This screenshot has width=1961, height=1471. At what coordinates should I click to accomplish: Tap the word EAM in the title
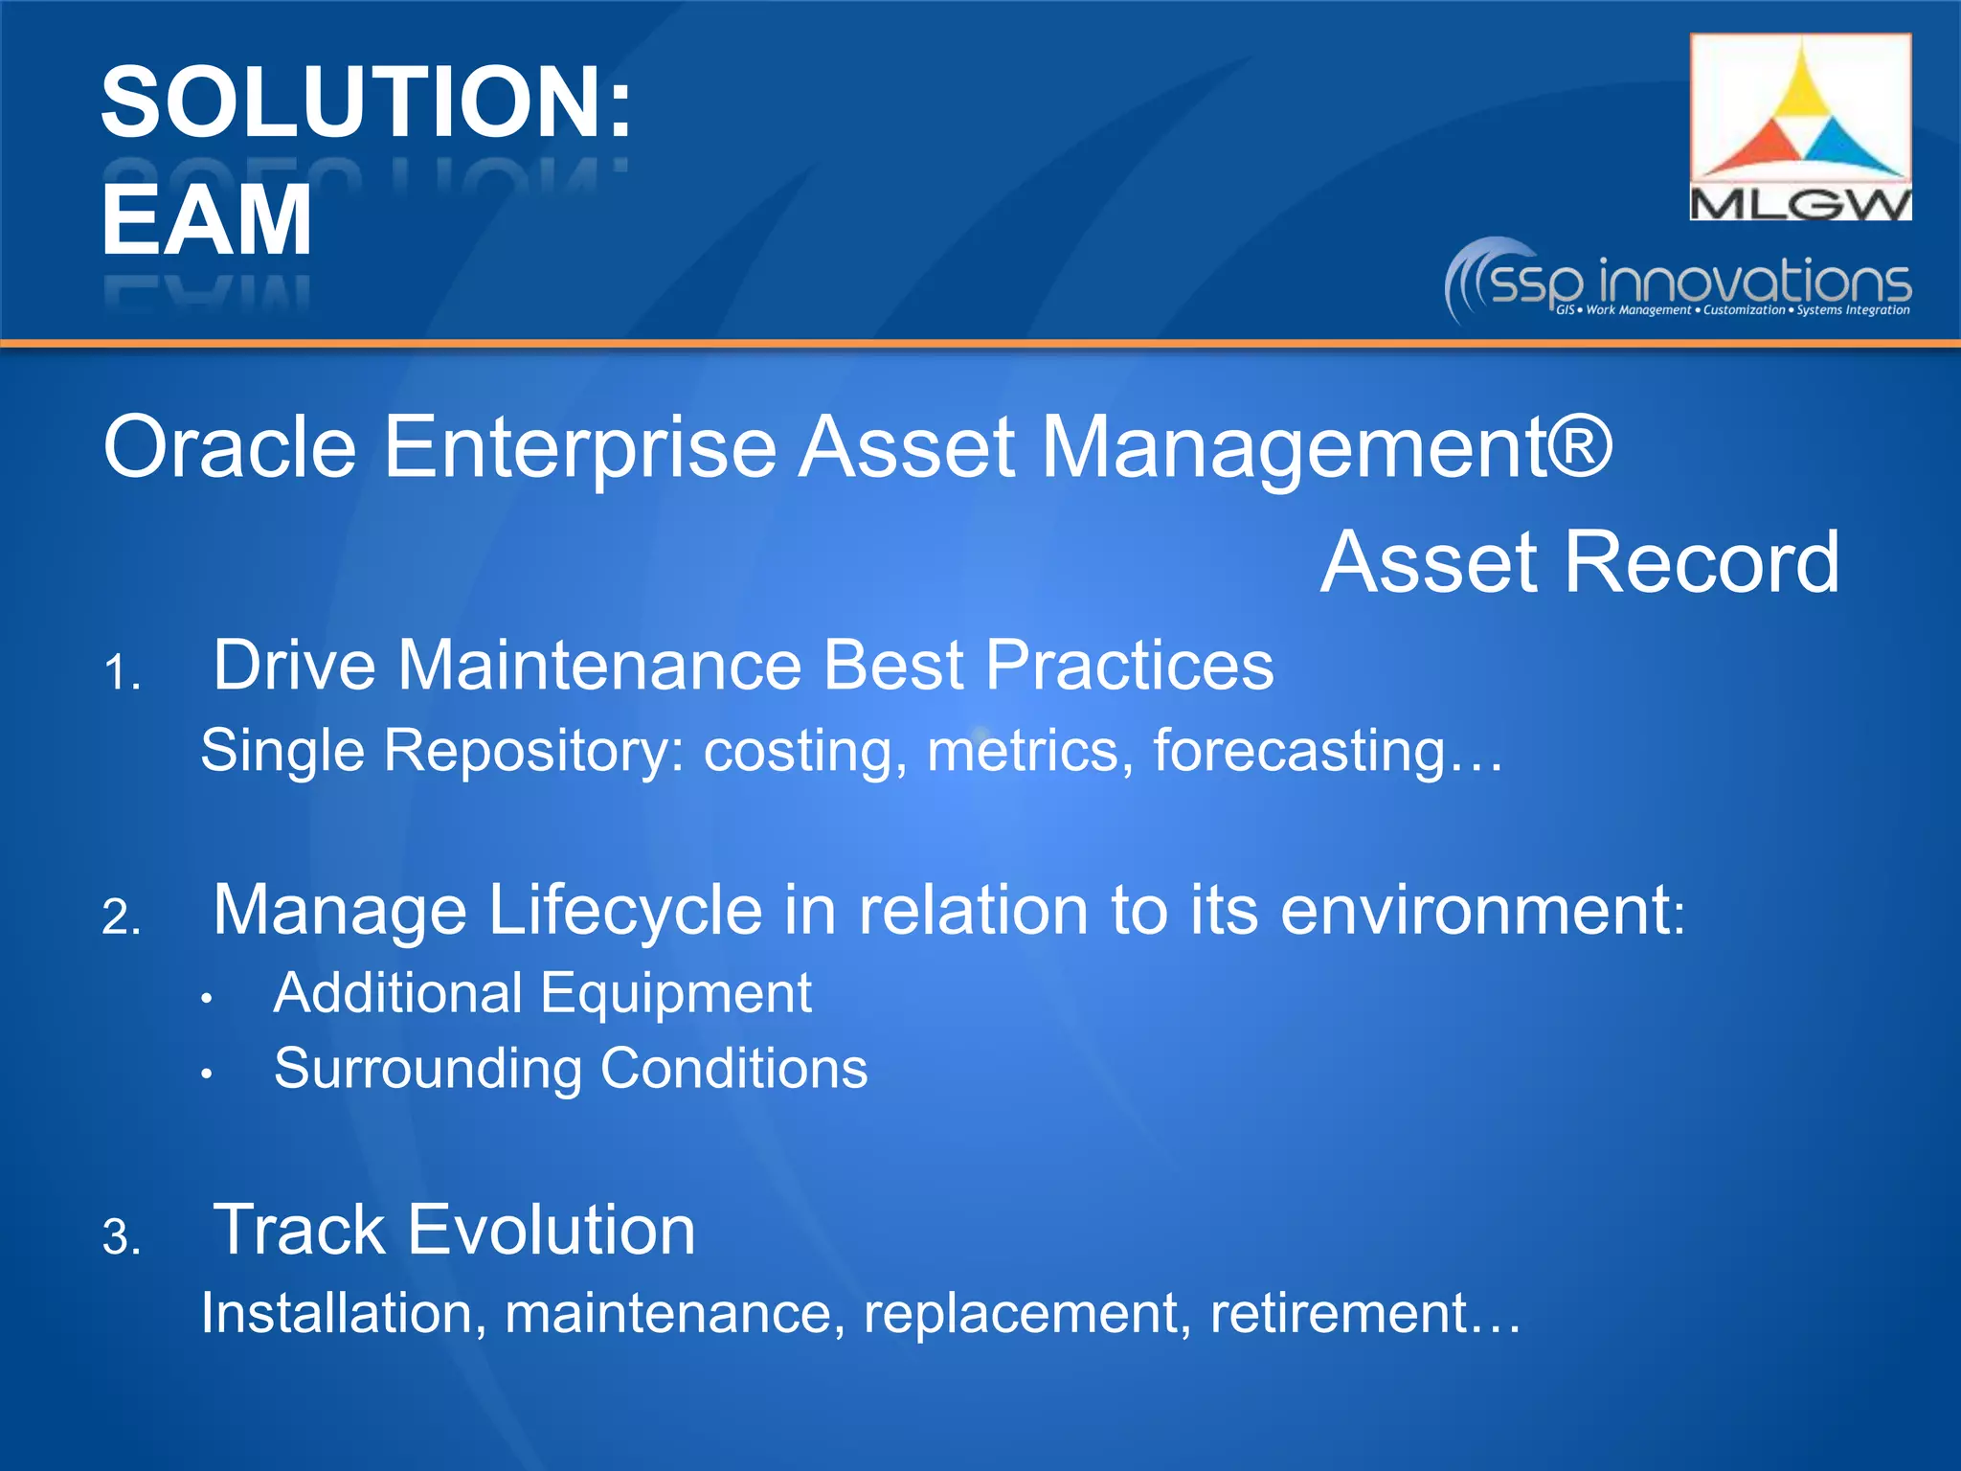207,220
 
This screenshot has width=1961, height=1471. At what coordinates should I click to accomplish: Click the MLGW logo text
1800,204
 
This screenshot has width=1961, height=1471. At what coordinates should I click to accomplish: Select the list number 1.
121,672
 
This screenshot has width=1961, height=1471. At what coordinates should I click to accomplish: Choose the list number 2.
121,917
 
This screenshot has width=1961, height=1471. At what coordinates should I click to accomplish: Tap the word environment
1475,910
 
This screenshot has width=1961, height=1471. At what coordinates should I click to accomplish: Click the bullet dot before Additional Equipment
206,999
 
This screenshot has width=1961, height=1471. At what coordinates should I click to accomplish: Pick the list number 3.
121,1237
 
